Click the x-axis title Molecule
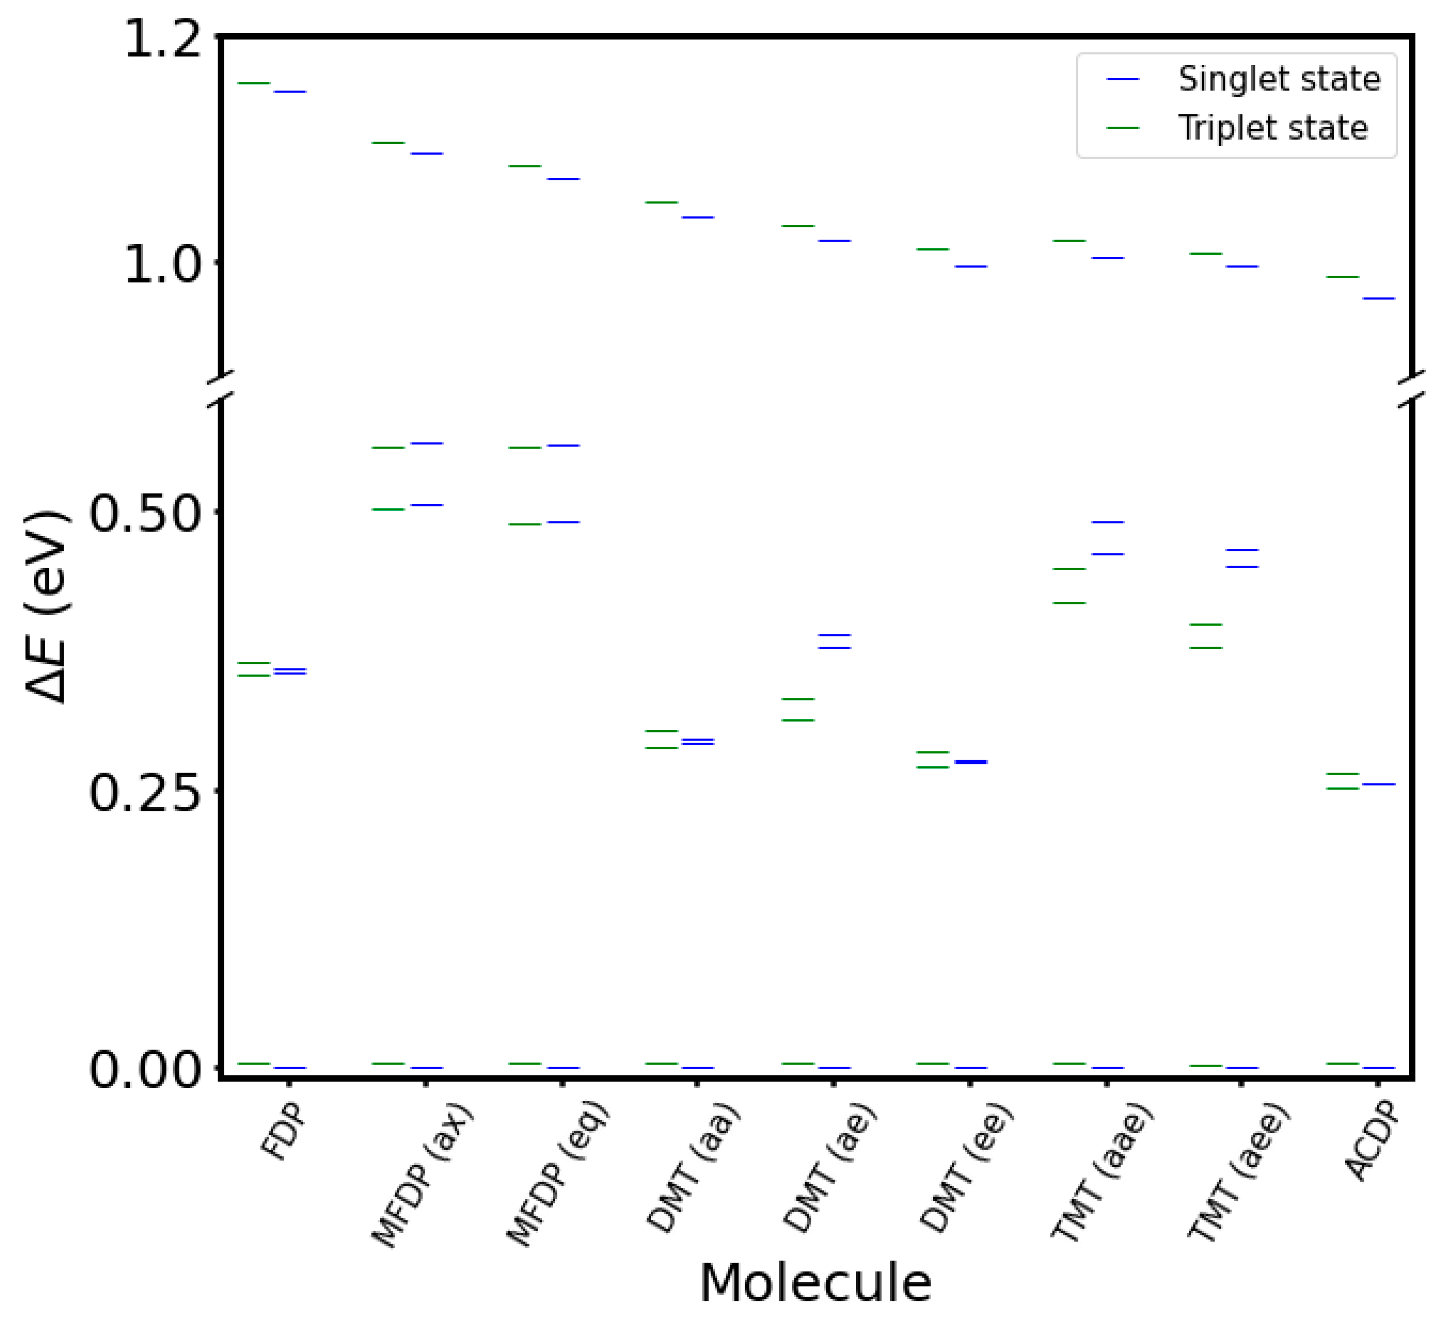pos(815,1283)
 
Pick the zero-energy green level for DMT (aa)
pos(661,1063)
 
